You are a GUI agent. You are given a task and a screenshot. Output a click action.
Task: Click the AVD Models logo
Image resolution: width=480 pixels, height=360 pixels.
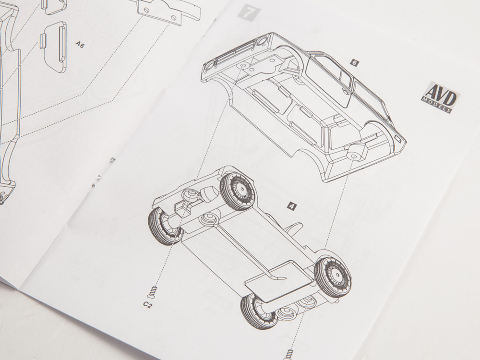click(440, 97)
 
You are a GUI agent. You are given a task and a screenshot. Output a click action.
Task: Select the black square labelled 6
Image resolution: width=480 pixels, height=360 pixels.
click(355, 63)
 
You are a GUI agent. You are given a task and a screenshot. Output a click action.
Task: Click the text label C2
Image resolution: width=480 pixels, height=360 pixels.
click(147, 305)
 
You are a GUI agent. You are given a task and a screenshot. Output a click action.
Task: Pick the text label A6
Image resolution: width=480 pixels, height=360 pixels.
click(80, 45)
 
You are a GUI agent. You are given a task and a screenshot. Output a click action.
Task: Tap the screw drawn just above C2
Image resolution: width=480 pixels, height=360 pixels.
click(153, 292)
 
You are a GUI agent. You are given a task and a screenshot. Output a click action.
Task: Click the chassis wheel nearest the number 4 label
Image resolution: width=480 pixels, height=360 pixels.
click(238, 191)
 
